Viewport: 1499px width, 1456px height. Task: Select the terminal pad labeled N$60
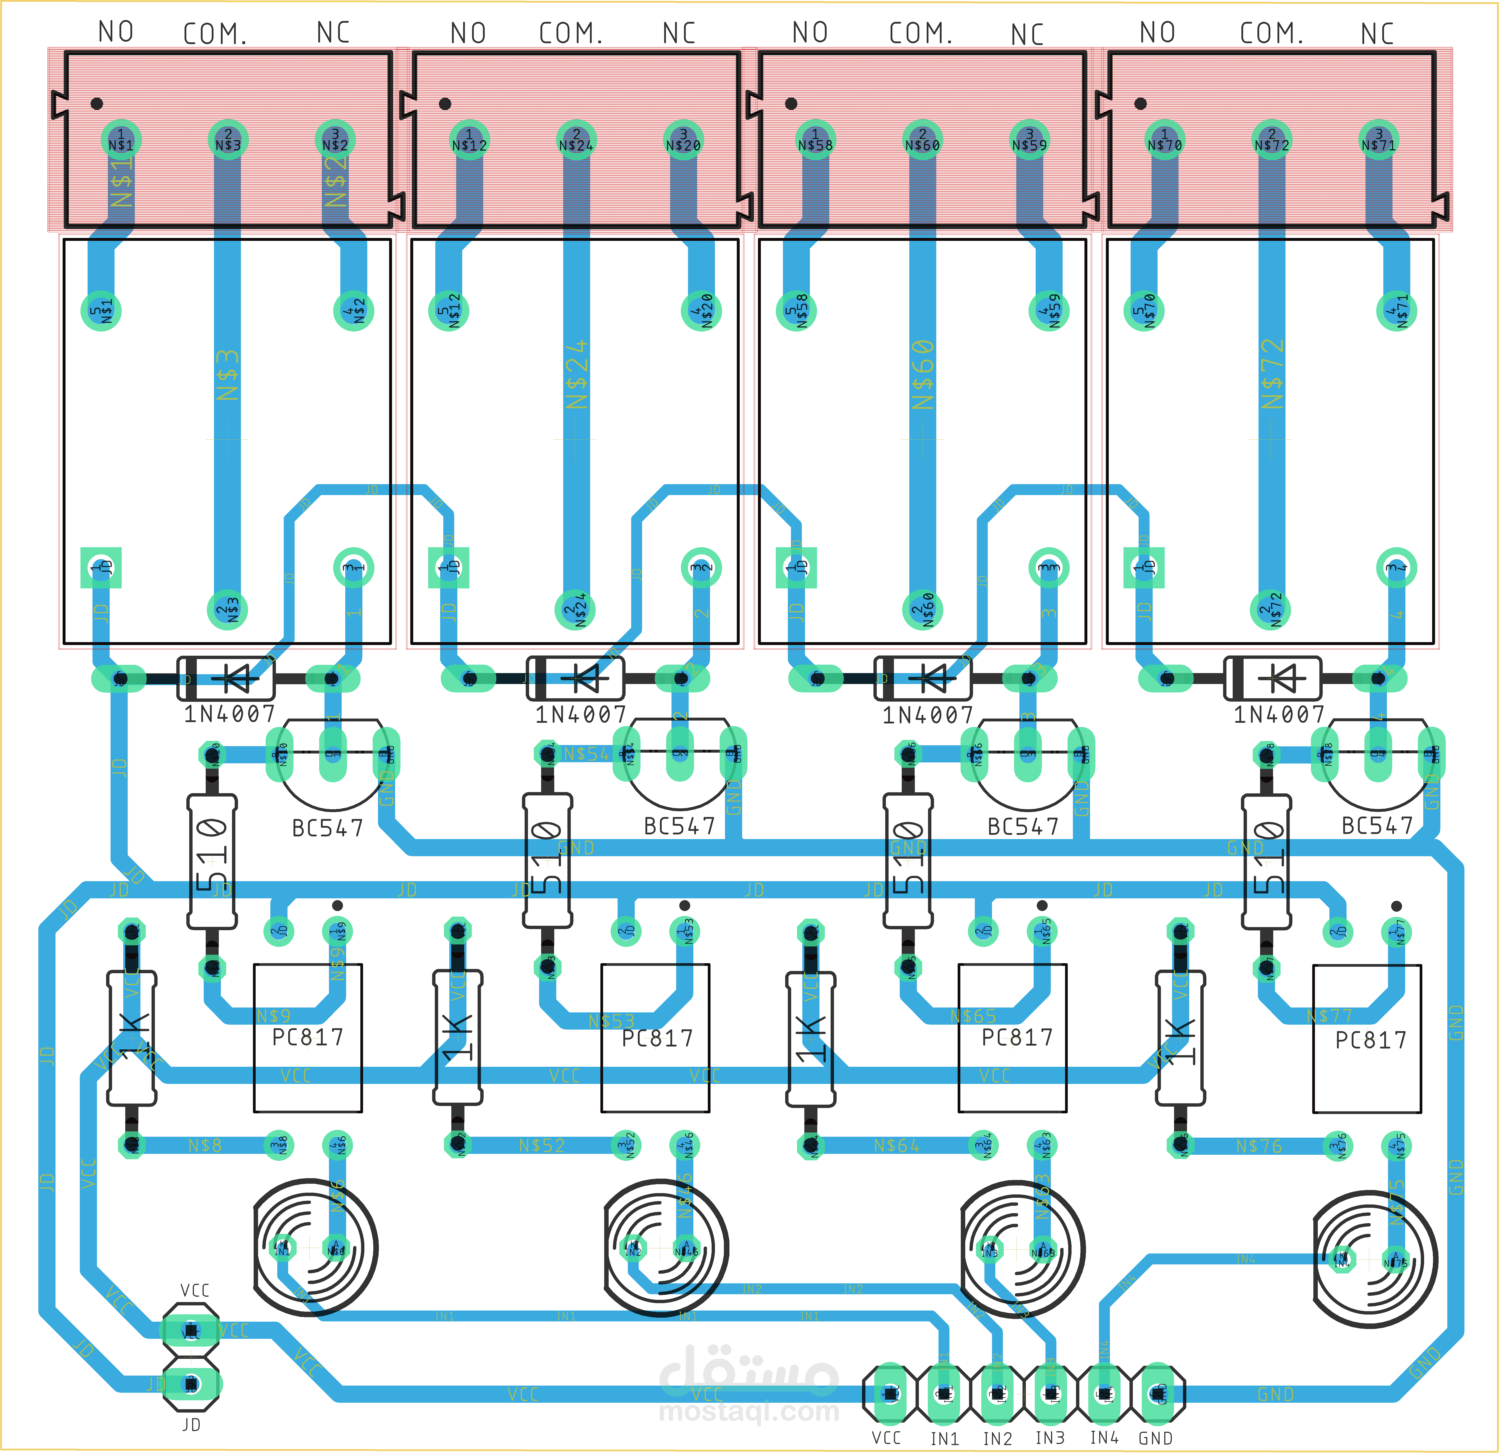pos(922,140)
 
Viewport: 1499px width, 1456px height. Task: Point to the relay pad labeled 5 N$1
pos(101,310)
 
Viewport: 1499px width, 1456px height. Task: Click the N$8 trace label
pos(205,1145)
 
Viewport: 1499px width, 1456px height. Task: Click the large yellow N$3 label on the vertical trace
pos(228,375)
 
